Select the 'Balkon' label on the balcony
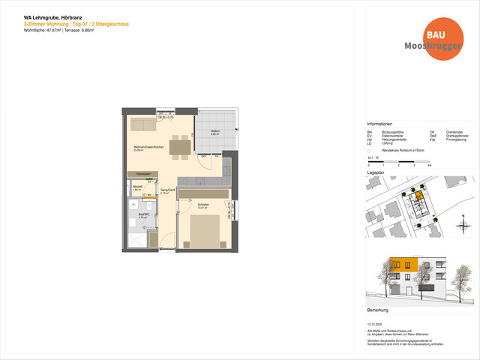pyautogui.click(x=215, y=132)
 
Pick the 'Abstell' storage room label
pyautogui.click(x=137, y=187)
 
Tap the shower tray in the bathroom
pyautogui.click(x=136, y=239)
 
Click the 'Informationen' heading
pyautogui.click(x=379, y=124)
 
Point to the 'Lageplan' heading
pyautogui.click(x=375, y=171)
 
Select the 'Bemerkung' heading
pyautogui.click(x=377, y=309)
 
